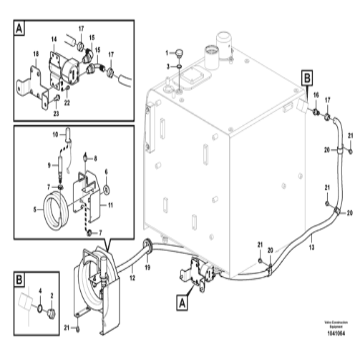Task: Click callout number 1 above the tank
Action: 166,52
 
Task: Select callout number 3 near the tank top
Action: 167,66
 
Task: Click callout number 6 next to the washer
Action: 107,172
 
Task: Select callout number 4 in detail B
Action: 40,290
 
